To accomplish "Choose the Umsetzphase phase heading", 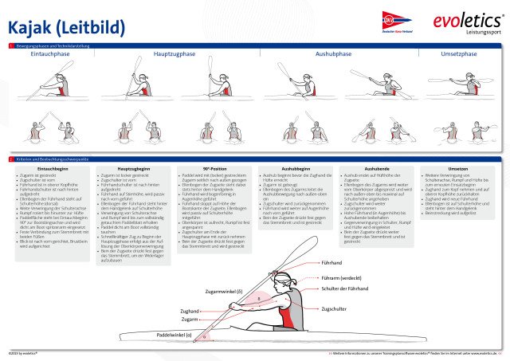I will click(458, 53).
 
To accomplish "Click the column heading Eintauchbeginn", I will click(53, 169).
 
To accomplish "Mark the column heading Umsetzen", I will click(457, 169).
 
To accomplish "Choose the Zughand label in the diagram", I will click(190, 311).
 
